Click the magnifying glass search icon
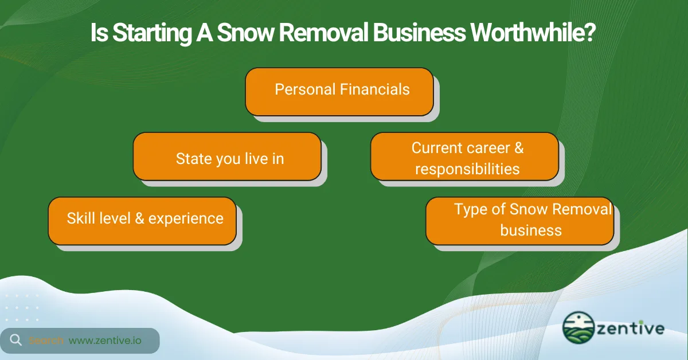(x=16, y=340)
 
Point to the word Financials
(x=375, y=89)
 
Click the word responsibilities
(x=467, y=169)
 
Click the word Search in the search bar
(x=46, y=341)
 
